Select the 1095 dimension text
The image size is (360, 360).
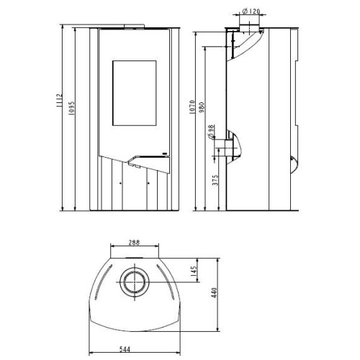tap(72, 109)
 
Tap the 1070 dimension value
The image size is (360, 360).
tap(192, 107)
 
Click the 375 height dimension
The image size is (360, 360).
tap(216, 180)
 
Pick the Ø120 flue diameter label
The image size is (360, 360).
tap(251, 11)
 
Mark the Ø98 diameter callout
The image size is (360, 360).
tap(211, 131)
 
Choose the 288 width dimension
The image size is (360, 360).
tap(134, 243)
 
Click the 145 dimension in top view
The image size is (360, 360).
tap(194, 271)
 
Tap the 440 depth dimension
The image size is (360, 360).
tap(214, 293)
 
